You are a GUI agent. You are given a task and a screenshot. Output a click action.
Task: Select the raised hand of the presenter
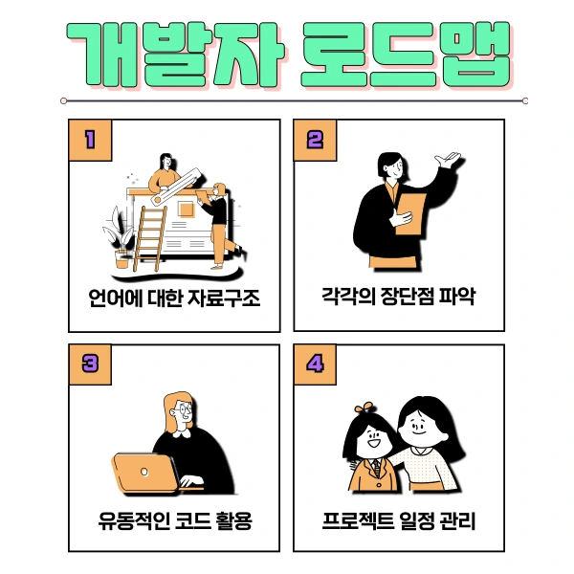tap(447, 159)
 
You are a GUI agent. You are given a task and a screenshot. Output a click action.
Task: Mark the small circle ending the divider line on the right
tap(525, 100)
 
